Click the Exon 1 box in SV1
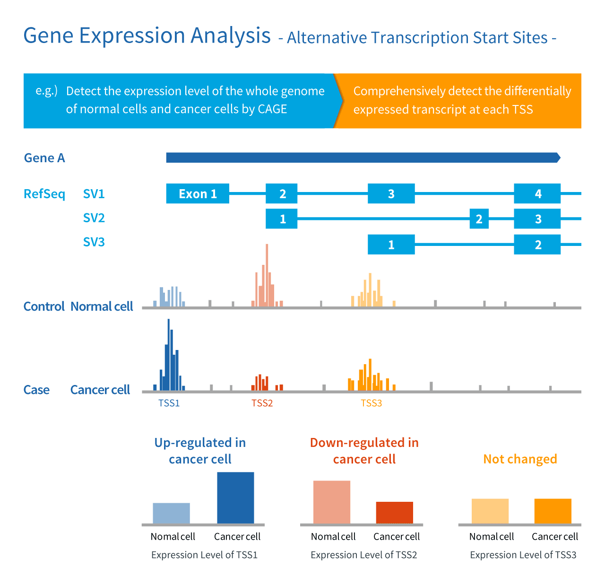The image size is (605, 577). [x=198, y=194]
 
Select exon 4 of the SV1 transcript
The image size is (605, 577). [x=537, y=194]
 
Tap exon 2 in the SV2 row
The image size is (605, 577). [x=479, y=219]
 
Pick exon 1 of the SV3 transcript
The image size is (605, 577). [x=391, y=245]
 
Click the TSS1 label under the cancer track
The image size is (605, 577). [x=169, y=403]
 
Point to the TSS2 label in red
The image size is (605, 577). [x=262, y=403]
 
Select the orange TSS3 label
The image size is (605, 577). [x=371, y=403]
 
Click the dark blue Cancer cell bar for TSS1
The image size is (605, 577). [x=235, y=498]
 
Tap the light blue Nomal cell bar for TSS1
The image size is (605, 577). [x=171, y=513]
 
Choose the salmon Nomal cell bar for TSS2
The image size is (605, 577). [x=332, y=502]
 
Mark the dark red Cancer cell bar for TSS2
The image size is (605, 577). [x=395, y=513]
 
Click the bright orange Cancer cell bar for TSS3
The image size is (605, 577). [x=553, y=511]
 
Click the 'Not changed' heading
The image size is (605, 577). [x=520, y=459]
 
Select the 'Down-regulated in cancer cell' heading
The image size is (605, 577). [x=364, y=451]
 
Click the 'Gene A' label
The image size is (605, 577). [x=44, y=158]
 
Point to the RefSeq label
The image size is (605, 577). [x=44, y=194]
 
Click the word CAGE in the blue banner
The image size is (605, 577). [x=272, y=109]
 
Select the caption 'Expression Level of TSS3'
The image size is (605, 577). [x=523, y=555]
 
